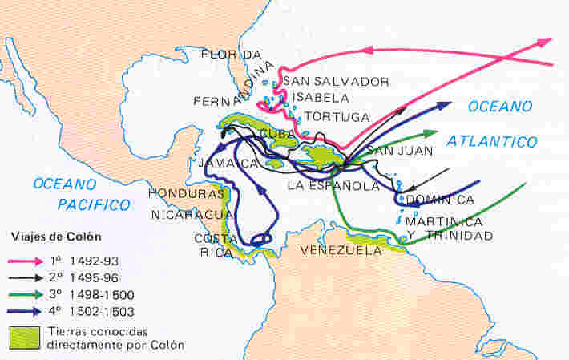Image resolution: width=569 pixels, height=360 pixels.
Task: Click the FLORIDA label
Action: coord(231,55)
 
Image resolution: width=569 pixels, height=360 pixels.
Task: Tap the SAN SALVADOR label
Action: coord(336,82)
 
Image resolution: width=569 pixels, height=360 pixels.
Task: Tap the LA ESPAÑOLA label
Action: coord(333,186)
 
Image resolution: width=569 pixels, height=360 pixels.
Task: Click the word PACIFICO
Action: coord(93,204)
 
